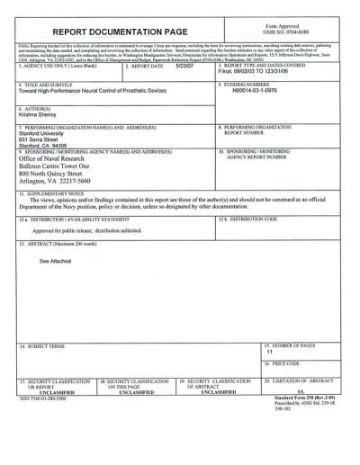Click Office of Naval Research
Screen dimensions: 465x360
pos(57,160)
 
